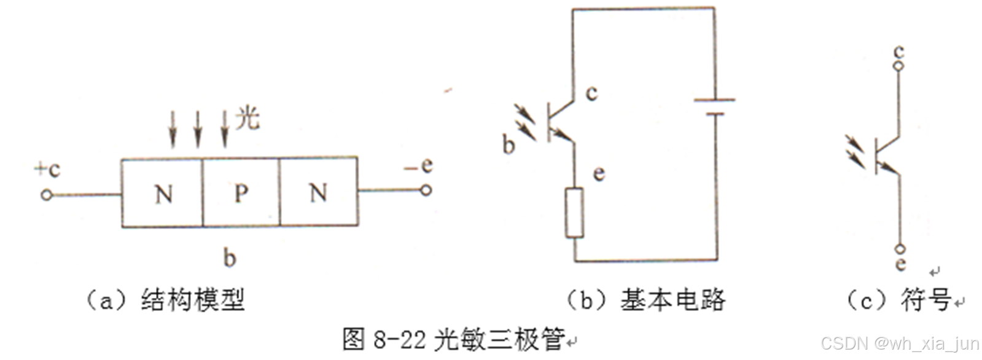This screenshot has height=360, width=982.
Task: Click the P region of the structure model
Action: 241,194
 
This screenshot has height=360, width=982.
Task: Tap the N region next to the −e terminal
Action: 318,194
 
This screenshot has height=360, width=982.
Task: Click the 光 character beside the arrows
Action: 247,117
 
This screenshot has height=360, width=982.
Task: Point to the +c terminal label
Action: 47,169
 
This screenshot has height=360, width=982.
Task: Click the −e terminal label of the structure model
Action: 419,165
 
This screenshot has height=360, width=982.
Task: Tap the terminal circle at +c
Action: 45,195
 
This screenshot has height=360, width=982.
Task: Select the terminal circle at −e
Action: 426,190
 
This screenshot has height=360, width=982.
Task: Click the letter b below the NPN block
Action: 229,257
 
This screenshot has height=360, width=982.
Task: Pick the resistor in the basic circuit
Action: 574,213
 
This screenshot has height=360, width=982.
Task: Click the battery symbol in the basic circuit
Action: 714,106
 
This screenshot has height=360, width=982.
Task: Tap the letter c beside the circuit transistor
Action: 591,93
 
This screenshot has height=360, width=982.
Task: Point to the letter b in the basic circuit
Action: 509,144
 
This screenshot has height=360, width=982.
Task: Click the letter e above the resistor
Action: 599,174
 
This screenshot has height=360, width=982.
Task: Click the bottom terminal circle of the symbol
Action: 900,249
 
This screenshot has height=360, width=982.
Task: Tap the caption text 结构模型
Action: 193,300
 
